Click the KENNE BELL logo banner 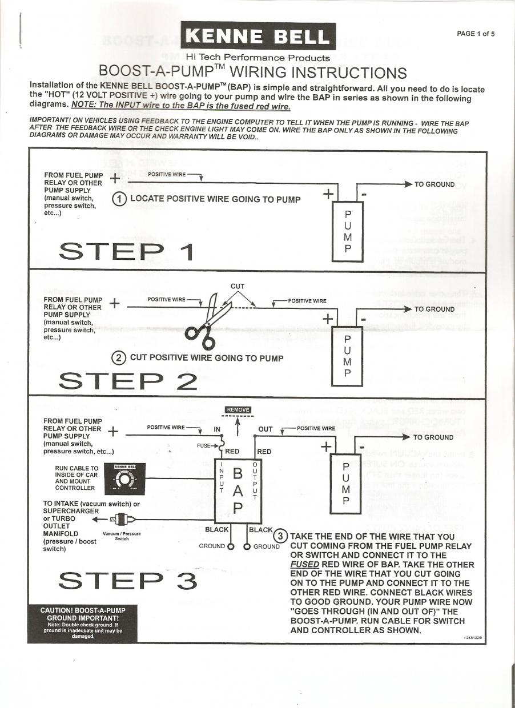coord(258,37)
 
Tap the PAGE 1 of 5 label coord(476,34)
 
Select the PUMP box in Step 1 coord(348,232)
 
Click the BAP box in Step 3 coord(238,490)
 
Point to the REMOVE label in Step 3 coord(238,410)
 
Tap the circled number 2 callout coord(119,358)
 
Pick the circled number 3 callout coord(280,536)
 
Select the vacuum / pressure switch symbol coord(121,520)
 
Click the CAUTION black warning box coord(83,623)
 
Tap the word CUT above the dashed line coord(238,286)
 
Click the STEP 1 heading coord(126,251)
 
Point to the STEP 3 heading coord(128,581)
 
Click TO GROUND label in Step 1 coord(434,184)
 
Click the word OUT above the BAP coord(265,429)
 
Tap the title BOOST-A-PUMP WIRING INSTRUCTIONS coord(252,73)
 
